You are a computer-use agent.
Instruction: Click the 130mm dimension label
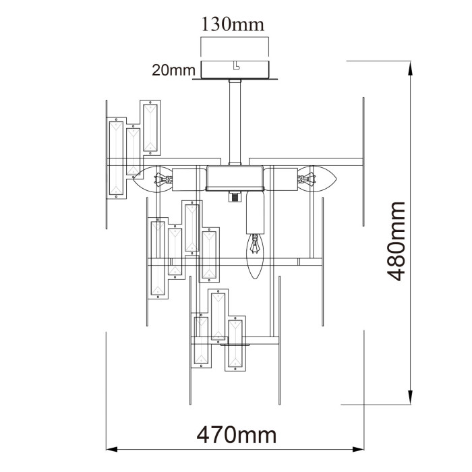point(233,24)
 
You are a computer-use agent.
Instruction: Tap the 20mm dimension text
point(173,69)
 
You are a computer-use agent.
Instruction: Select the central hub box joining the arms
point(235,179)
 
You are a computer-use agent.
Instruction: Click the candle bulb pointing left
point(150,180)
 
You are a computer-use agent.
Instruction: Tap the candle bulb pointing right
point(320,179)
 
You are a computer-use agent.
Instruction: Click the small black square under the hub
point(235,198)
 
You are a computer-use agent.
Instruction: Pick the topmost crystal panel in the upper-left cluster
point(150,127)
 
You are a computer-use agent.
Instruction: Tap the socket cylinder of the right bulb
point(283,179)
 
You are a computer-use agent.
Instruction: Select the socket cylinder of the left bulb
point(188,180)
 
